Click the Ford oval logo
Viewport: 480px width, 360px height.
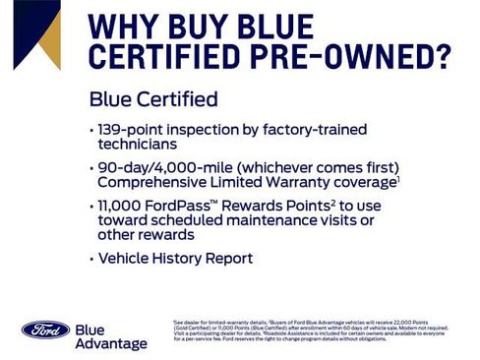click(45, 330)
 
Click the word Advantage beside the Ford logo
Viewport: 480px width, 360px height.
click(110, 343)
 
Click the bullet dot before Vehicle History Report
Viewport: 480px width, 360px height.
click(90, 259)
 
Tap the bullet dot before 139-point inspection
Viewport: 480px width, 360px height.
click(90, 130)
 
